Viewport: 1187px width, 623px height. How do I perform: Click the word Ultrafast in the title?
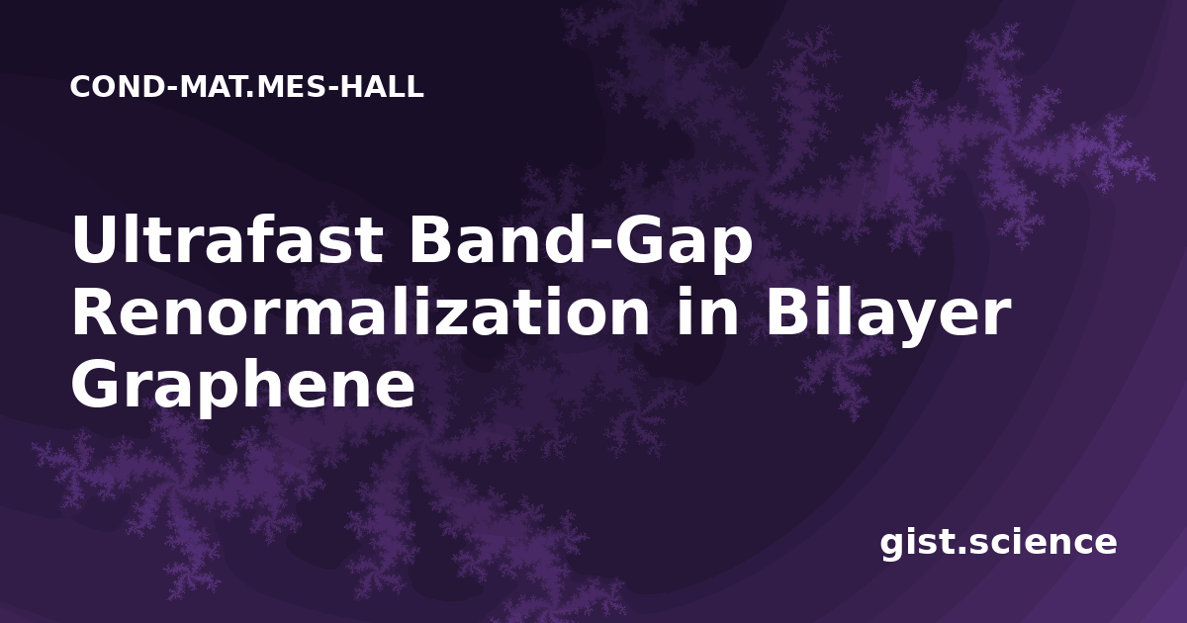pyautogui.click(x=228, y=239)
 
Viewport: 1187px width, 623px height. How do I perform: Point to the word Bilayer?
pyautogui.click(x=887, y=317)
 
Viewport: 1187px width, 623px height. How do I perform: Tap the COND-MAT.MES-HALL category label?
pyautogui.click(x=247, y=87)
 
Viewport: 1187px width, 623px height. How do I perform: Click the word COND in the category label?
pyautogui.click(x=118, y=87)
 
